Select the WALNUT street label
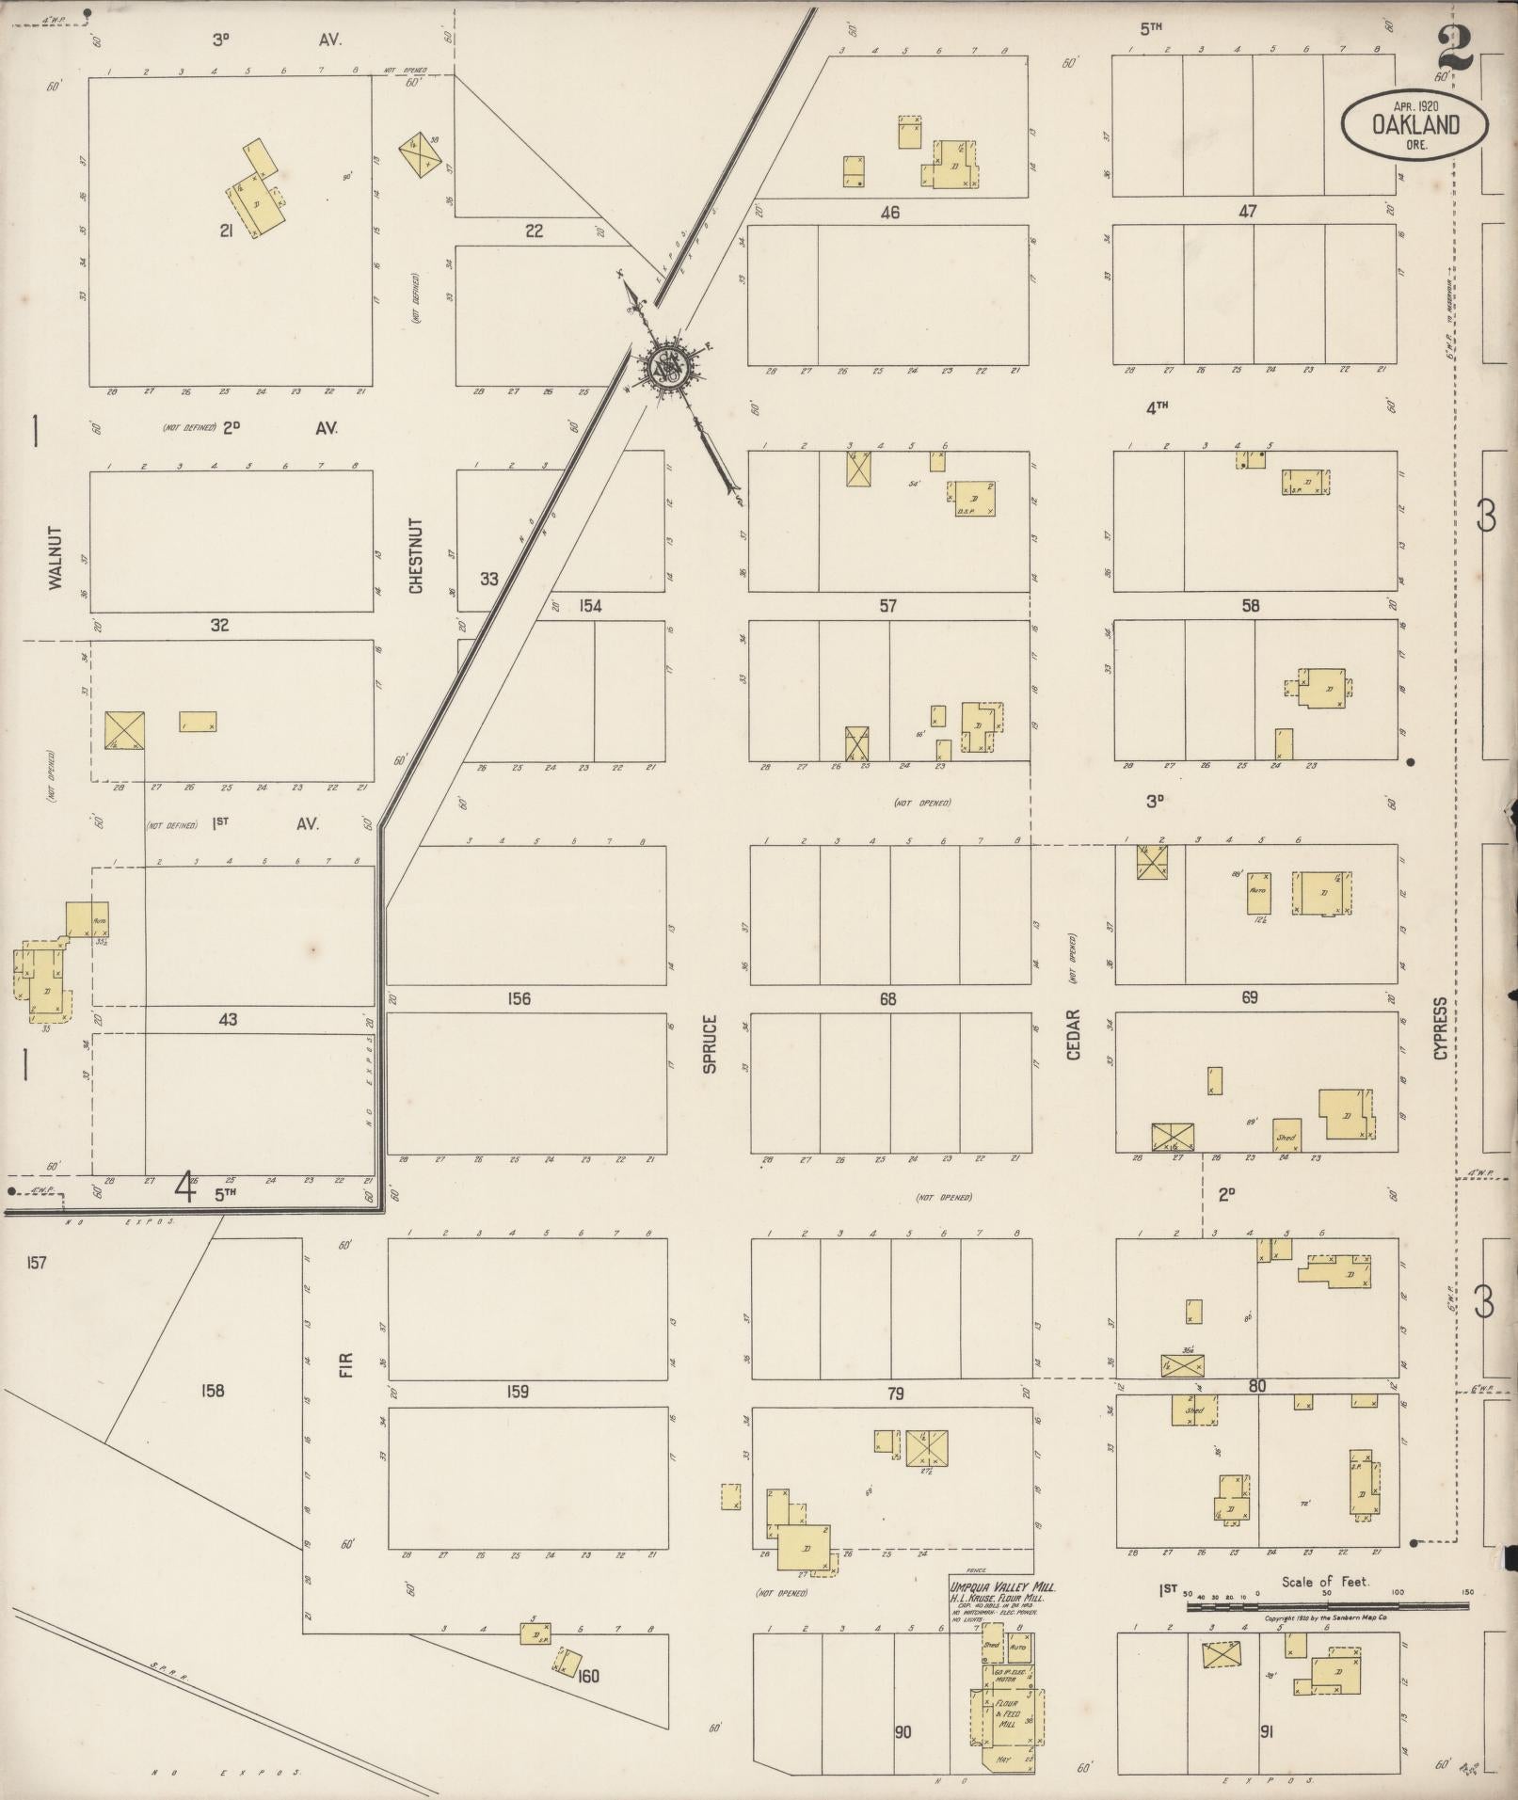[x=55, y=558]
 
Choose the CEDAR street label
[x=1074, y=1035]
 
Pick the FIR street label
[x=345, y=1365]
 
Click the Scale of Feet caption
[x=1325, y=1583]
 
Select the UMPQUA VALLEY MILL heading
[x=1001, y=1586]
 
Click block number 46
[x=889, y=213]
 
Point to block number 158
[x=214, y=1390]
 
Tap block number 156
[x=519, y=998]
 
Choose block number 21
[x=226, y=230]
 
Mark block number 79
[x=895, y=1393]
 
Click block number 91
[x=1266, y=1730]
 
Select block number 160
[x=589, y=1675]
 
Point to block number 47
[x=1248, y=212]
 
